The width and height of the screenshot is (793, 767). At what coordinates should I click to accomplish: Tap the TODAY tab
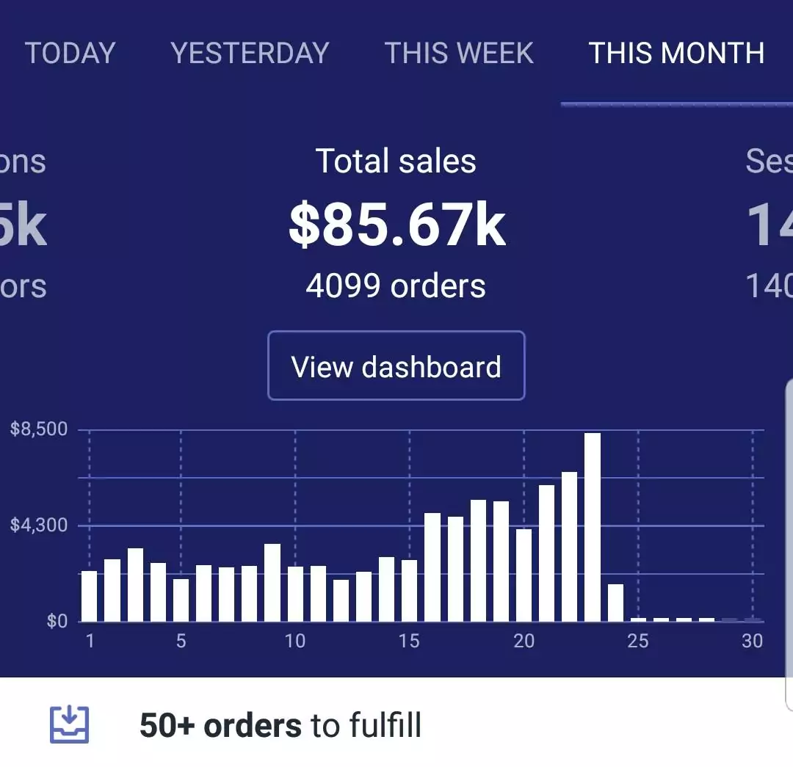pos(70,53)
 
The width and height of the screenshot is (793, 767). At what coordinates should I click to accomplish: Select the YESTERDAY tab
pos(250,53)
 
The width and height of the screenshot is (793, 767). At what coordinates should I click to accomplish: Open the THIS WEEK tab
pos(459,53)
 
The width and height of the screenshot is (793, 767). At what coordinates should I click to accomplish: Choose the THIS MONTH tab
pos(676,53)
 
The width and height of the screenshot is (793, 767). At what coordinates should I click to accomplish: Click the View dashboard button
pos(396,366)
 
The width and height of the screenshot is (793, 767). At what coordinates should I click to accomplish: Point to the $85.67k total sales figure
pos(396,226)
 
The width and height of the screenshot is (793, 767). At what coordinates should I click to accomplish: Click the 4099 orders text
pos(396,286)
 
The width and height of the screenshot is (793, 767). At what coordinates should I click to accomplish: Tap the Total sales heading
pos(396,161)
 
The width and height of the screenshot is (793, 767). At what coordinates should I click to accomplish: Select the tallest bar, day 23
pos(593,527)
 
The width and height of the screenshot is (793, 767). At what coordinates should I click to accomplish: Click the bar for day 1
pos(89,596)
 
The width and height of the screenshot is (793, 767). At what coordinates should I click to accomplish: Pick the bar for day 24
pos(615,603)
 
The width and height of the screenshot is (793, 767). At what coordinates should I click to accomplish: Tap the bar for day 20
pos(524,575)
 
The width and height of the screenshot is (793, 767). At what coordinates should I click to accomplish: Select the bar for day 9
pos(272,583)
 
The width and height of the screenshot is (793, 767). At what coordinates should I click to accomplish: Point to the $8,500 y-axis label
pos(39,429)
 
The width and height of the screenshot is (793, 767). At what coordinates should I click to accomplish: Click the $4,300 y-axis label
pos(39,525)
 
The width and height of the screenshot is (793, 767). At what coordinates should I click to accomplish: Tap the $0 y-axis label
pos(57,622)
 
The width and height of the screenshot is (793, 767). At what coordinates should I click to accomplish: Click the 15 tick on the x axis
pos(409,641)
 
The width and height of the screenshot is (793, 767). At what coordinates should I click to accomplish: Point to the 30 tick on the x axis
pos(752,641)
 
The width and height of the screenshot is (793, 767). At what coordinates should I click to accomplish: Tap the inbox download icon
pos(70,725)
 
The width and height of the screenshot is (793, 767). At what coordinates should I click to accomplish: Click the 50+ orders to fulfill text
pos(280,726)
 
